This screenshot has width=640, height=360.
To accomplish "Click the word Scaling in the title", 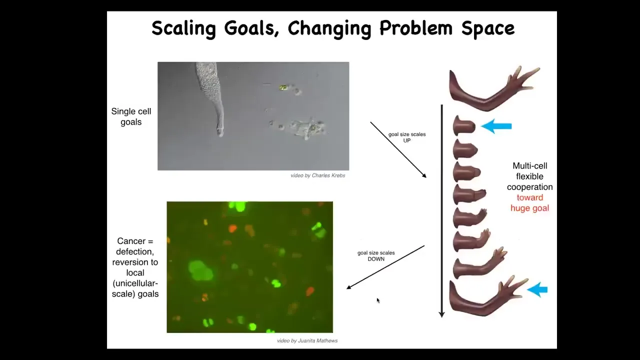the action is coord(184,28).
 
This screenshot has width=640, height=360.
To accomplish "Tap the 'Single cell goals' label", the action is coord(131,116).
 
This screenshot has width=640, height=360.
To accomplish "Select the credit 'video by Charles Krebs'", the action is coord(317,175).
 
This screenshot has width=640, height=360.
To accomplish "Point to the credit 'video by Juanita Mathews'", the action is coord(307,340).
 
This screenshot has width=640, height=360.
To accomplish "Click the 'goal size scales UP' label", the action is coord(407,137).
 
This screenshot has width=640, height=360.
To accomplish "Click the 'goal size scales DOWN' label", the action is coord(376,256).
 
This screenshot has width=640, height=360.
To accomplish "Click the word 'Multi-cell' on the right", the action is coord(529,165).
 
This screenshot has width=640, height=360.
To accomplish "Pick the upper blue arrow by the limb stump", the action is coord(496,126).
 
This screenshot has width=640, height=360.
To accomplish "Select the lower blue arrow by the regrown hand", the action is coord(537,289).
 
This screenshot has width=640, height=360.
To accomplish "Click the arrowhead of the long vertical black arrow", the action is coord(441,314).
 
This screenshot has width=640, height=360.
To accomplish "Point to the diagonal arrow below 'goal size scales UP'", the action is coord(398,149).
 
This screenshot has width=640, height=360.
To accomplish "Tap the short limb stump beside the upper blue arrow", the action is coord(463,125).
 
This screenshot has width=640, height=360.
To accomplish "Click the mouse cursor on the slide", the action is coord(378,300).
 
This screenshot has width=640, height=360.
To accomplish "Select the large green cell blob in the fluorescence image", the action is coord(200,270).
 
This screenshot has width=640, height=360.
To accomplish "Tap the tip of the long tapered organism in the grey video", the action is coord(220,135).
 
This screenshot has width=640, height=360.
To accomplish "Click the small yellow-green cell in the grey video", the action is coord(283,87).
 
